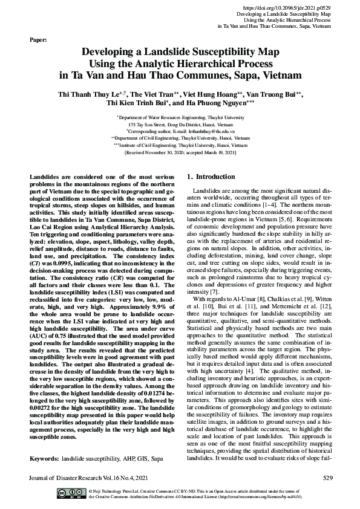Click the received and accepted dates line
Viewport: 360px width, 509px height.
pos(180,153)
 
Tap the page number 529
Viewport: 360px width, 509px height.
pos(327,478)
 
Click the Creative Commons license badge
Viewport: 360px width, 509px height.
pos(71,493)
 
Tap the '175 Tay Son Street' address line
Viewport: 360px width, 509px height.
pos(180,123)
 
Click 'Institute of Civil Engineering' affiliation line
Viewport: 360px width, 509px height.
pos(180,146)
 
